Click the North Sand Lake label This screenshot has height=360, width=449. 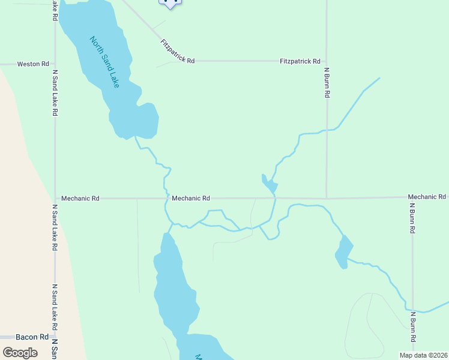pyautogui.click(x=104, y=62)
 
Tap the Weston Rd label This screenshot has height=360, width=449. pyautogui.click(x=32, y=64)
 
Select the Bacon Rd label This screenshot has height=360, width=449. pyautogui.click(x=32, y=337)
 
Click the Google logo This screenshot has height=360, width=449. pyautogui.click(x=20, y=353)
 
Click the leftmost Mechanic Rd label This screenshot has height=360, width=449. pyautogui.click(x=80, y=198)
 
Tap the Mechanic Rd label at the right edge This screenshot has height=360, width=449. pyautogui.click(x=427, y=197)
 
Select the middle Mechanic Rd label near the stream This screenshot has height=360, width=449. pyautogui.click(x=190, y=198)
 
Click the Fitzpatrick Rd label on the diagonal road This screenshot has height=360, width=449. pyautogui.click(x=178, y=52)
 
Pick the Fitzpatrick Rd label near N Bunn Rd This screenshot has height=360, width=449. pyautogui.click(x=300, y=61)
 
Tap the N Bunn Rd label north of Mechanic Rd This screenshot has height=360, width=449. pyautogui.click(x=327, y=82)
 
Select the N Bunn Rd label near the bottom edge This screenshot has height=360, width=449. pyautogui.click(x=413, y=328)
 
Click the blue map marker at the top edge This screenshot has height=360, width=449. pyautogui.click(x=170, y=3)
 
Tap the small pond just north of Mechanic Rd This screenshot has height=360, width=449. pyautogui.click(x=269, y=185)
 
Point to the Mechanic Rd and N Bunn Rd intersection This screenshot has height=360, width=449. pyautogui.click(x=326, y=197)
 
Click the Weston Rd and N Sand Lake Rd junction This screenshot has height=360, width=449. pyautogui.click(x=55, y=64)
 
